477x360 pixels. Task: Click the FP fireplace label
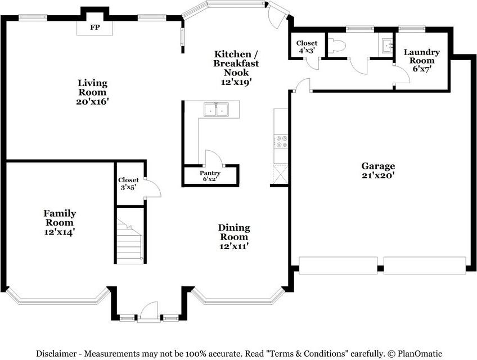tap(95, 28)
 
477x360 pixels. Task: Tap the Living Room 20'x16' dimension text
tap(92, 102)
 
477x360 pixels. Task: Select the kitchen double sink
tap(217, 110)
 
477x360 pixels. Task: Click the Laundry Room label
tap(422, 56)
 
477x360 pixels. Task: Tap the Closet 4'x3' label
tap(307, 47)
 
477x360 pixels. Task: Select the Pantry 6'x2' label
tap(210, 176)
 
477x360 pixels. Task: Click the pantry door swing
tap(214, 157)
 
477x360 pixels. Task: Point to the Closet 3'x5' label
tap(128, 184)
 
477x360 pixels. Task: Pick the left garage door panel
tap(338, 265)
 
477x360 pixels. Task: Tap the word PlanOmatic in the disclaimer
tap(420, 354)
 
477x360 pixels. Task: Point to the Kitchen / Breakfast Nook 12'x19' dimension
tap(236, 82)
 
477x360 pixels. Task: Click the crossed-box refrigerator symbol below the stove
tap(281, 174)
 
